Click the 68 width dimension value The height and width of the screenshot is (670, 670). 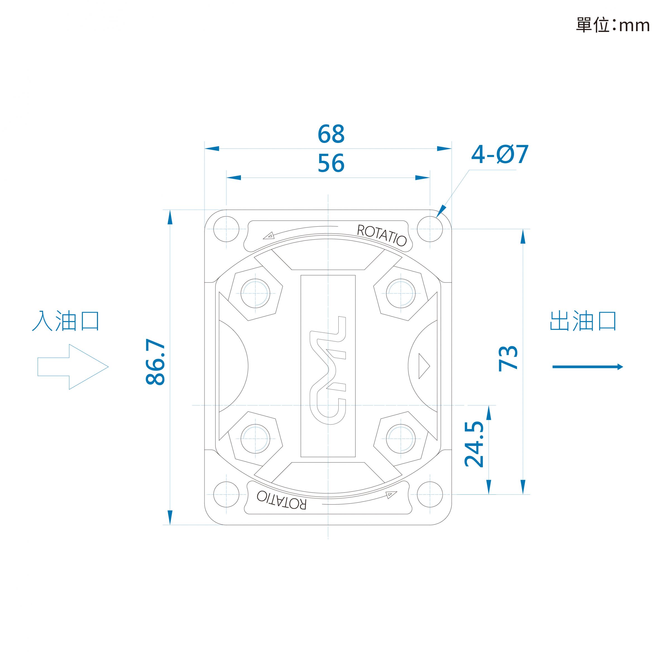click(331, 134)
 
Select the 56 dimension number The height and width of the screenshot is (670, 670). click(331, 163)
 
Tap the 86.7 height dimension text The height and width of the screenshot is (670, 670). click(155, 362)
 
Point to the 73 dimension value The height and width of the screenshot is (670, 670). click(508, 358)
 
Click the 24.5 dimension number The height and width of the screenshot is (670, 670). click(474, 444)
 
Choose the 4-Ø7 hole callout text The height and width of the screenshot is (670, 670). click(500, 154)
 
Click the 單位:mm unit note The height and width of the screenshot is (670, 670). click(613, 25)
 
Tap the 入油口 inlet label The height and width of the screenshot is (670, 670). click(66, 321)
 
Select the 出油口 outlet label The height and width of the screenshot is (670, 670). click(583, 321)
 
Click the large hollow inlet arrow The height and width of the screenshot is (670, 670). click(73, 367)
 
